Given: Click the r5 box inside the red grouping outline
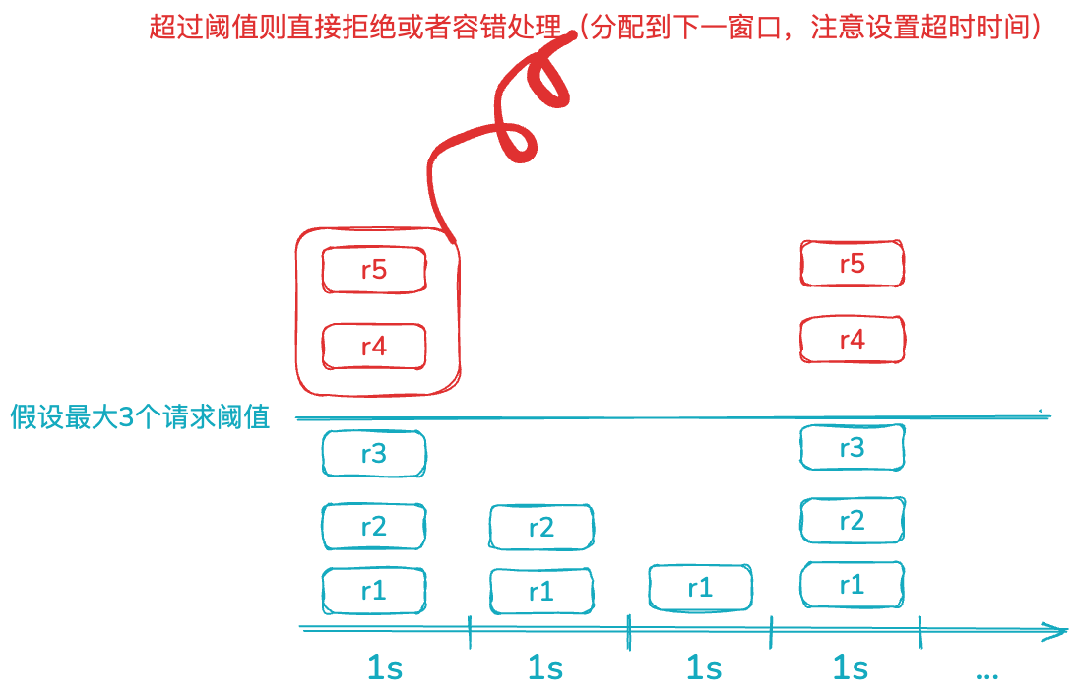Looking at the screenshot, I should click(374, 270).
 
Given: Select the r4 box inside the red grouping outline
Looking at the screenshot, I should click(374, 347).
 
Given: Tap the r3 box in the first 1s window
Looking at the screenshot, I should click(374, 454).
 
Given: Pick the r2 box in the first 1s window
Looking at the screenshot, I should click(374, 527).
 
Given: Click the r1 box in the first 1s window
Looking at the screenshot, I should click(374, 591).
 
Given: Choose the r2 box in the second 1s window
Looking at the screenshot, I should click(541, 527).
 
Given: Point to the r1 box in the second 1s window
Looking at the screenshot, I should click(541, 592).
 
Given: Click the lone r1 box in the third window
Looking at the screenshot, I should click(700, 588).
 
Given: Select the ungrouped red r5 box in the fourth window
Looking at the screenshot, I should click(852, 264).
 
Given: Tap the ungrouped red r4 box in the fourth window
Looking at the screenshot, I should click(852, 340).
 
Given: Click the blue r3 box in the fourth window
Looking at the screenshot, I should click(852, 448).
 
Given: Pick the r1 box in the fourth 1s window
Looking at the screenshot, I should click(852, 585).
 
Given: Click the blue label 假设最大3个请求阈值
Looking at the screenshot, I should click(140, 417).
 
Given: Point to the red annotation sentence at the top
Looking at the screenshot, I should click(595, 27).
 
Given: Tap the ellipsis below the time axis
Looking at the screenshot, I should click(986, 675).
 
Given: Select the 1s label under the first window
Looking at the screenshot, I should click(384, 668).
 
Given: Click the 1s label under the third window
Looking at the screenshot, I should click(704, 668).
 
